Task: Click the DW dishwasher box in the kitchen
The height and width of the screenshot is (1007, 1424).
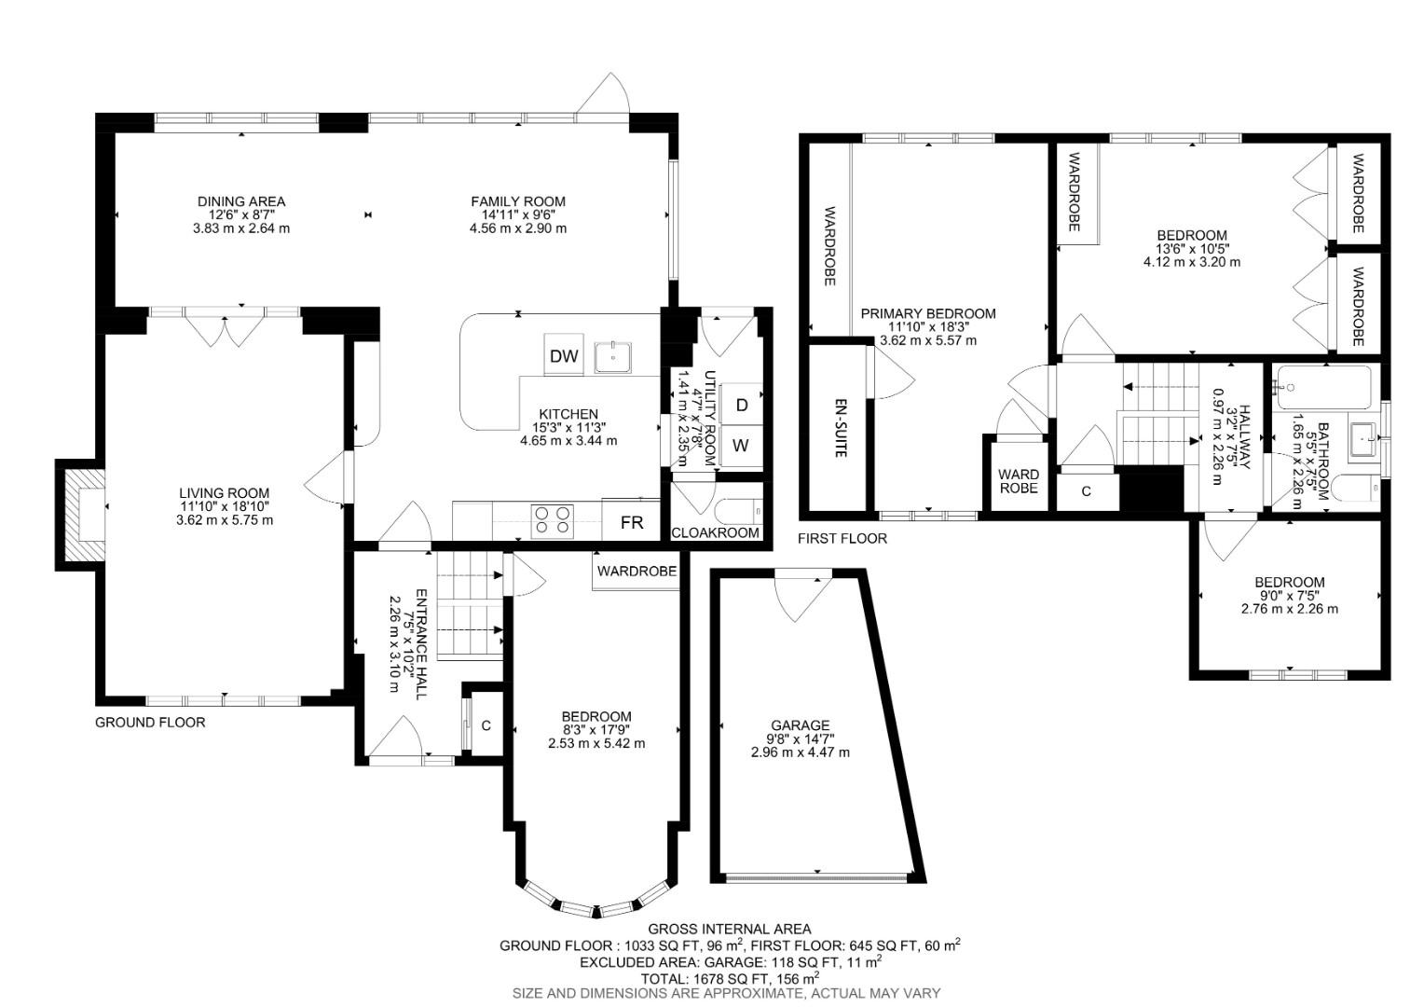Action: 564,355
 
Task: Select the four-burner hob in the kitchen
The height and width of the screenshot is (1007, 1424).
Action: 552,520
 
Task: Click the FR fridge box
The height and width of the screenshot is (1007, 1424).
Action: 632,522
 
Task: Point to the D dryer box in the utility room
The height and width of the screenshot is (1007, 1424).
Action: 742,405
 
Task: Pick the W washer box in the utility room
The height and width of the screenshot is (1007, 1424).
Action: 741,446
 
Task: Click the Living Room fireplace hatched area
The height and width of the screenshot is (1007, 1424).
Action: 80,514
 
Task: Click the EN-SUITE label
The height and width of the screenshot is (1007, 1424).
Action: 840,428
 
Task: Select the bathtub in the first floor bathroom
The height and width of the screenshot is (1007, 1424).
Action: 1323,387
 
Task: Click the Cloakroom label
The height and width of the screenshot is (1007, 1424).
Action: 716,532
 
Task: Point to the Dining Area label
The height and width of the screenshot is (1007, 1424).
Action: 241,201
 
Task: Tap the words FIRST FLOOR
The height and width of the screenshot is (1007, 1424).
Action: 842,538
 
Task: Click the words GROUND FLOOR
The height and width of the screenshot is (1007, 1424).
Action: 150,722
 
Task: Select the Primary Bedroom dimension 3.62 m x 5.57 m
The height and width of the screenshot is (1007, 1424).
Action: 928,340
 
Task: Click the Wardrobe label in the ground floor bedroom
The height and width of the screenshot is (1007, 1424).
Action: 637,571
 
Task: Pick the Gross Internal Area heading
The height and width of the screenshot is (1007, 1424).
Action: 730,929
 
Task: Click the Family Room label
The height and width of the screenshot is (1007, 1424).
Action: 518,201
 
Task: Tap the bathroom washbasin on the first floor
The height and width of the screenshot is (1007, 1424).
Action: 1363,436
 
